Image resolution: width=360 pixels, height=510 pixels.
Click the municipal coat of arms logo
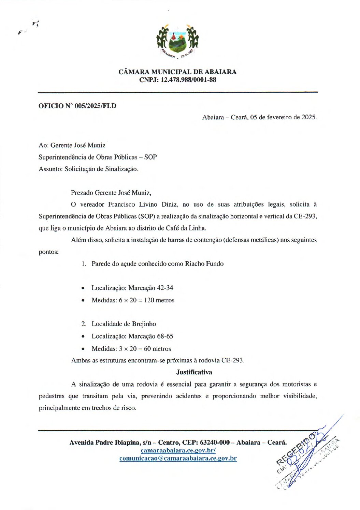coord(177,41)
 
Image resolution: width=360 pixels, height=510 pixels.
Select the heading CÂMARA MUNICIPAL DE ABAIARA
coord(177,72)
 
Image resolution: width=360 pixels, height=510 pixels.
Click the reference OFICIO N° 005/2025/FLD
coord(77,106)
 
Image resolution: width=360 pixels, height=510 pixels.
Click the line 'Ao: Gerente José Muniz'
coord(72,145)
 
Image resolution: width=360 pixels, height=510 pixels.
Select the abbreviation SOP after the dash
coord(150,157)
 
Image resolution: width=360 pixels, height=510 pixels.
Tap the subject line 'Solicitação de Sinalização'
coord(101,169)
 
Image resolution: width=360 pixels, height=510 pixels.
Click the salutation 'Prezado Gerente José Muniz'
coord(111,193)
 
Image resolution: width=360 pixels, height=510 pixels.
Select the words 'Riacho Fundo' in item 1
coord(204,264)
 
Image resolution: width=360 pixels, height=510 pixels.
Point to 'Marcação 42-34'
coord(150,288)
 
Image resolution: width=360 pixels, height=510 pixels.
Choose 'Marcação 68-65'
coord(150,336)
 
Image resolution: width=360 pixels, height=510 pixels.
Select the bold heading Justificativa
coord(194,372)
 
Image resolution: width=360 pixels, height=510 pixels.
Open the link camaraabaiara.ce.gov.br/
coord(178,450)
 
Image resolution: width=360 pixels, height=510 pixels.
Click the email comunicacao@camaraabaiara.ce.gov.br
coord(178,459)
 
